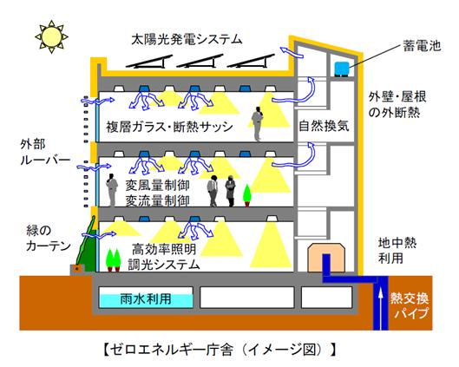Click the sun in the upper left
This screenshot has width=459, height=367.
[x=52, y=37]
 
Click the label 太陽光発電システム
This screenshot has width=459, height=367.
[x=187, y=39]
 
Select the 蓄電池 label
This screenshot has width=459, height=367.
[x=422, y=46]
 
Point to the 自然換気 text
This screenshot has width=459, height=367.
[x=324, y=126]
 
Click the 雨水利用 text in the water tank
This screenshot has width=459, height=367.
[x=146, y=299]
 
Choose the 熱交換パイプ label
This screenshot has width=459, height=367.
[x=410, y=305]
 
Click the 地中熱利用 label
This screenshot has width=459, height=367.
[x=397, y=251]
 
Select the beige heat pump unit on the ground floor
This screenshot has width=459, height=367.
[x=326, y=258]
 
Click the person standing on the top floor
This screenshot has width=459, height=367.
[x=258, y=123]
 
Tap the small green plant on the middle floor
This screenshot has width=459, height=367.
[x=247, y=194]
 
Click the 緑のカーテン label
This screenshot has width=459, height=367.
[x=48, y=238]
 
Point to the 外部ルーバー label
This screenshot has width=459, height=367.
[x=45, y=152]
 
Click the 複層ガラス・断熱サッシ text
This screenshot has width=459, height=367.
[x=170, y=127]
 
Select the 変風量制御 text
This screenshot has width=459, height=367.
[x=158, y=185]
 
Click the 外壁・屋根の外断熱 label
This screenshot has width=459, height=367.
[x=397, y=104]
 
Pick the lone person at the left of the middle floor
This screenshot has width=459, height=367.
[x=112, y=190]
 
